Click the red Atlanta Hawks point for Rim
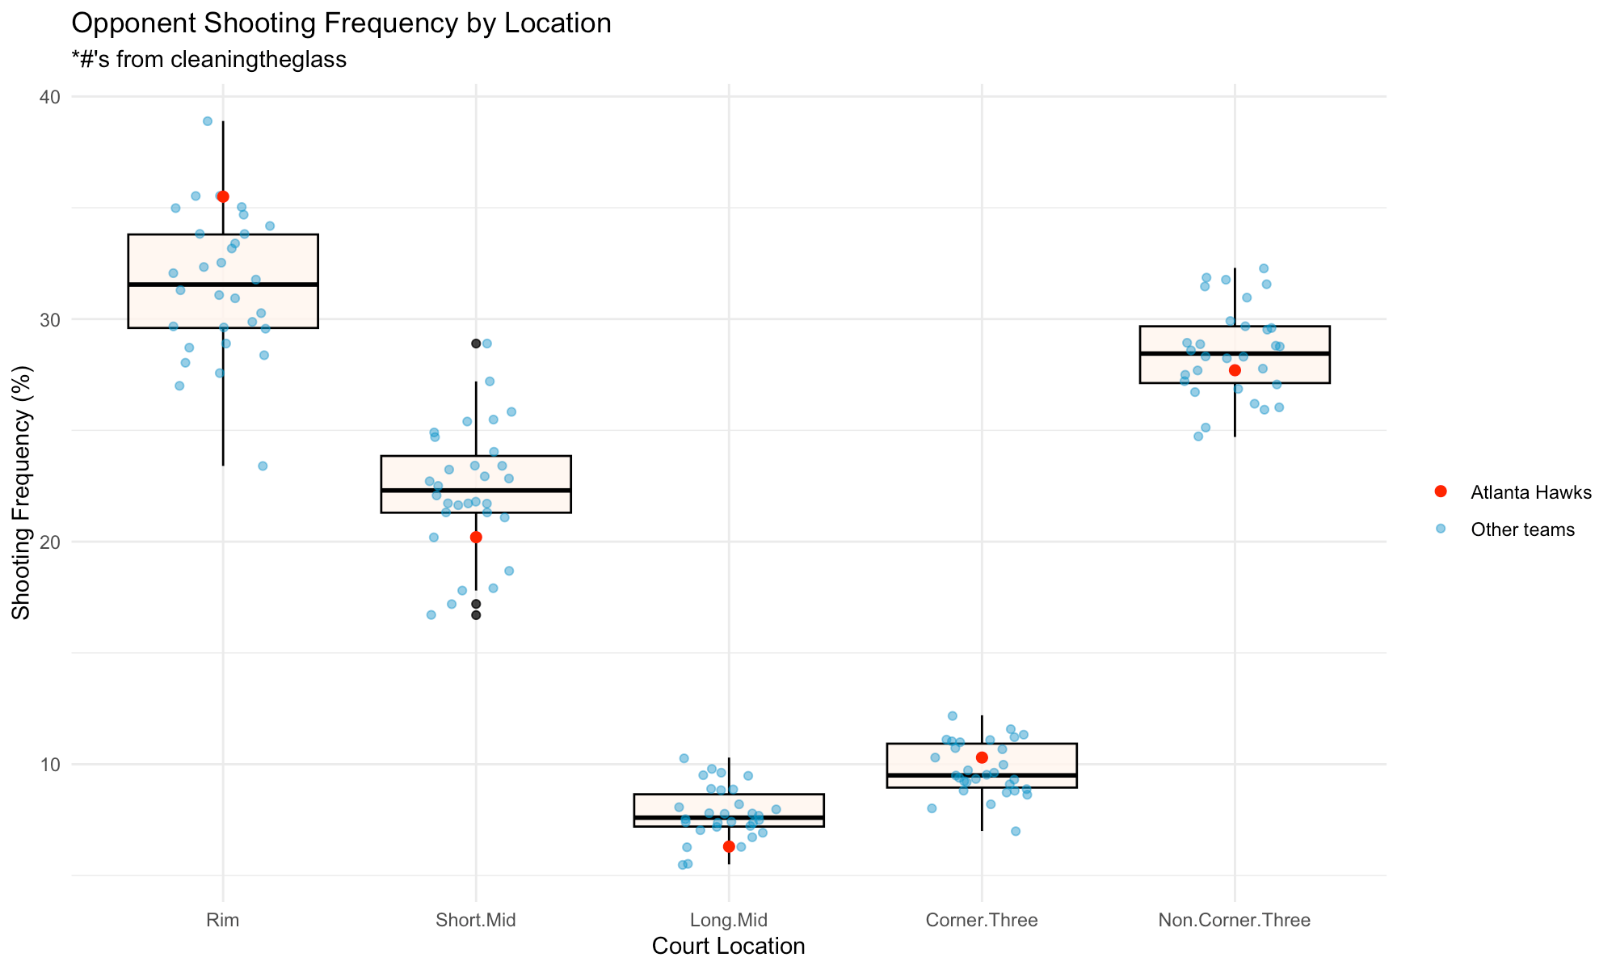click(223, 196)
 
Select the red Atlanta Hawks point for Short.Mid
click(476, 537)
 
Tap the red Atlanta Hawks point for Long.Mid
click(729, 846)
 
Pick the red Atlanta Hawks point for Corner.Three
click(982, 757)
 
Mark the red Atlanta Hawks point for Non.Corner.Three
click(1235, 370)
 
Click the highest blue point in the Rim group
click(207, 121)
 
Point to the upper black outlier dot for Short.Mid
click(476, 344)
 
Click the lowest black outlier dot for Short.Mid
click(476, 615)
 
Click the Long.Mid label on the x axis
click(729, 920)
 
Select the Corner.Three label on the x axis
click(982, 920)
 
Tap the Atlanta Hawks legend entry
click(1530, 492)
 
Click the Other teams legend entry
click(1522, 530)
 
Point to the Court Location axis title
click(728, 947)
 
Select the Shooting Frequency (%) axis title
click(21, 493)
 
